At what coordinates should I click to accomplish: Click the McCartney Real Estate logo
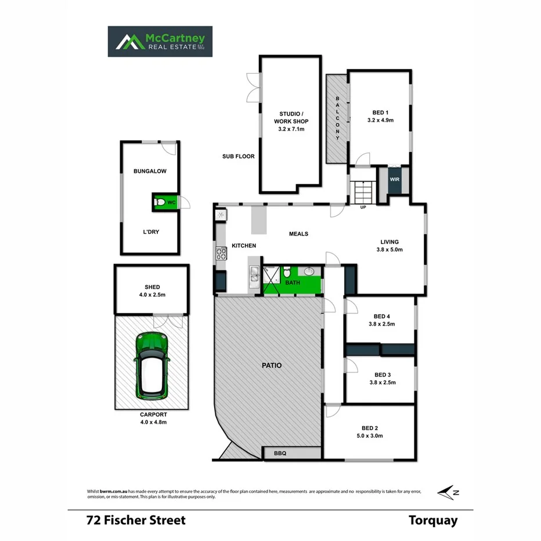[160, 41]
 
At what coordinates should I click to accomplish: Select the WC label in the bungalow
[171, 203]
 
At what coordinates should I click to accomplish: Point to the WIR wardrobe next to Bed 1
[394, 180]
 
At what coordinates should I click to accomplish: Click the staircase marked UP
[363, 192]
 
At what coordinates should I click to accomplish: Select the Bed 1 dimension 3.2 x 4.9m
[380, 121]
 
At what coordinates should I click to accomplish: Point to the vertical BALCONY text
[337, 118]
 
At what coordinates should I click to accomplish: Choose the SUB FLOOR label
[238, 156]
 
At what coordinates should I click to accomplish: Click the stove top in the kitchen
[221, 253]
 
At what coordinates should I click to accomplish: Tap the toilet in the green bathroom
[287, 273]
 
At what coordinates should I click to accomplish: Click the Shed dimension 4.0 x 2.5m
[152, 295]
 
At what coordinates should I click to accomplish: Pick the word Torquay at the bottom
[432, 520]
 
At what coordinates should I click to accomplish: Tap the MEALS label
[298, 234]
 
